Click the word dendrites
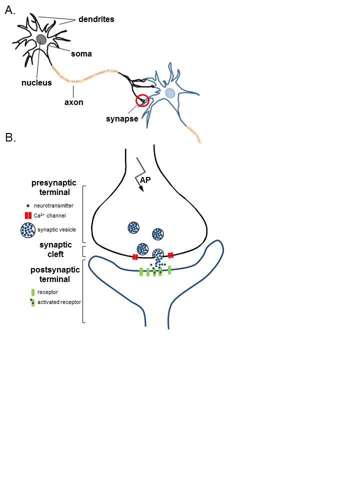point(96,19)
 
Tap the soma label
point(81,53)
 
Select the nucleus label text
point(36,82)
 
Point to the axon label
point(73,102)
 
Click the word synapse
point(122,118)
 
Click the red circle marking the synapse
point(142,100)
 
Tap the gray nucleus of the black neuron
point(41,39)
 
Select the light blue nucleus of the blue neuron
point(170,93)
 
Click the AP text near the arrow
point(146,180)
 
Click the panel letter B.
point(10,137)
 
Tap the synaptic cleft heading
point(56,249)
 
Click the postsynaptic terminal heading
point(55,274)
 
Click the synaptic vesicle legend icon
point(27,229)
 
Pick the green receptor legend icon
point(32,291)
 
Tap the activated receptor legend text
point(59,302)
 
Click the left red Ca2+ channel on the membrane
point(135,257)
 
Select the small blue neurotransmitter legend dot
point(27,205)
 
